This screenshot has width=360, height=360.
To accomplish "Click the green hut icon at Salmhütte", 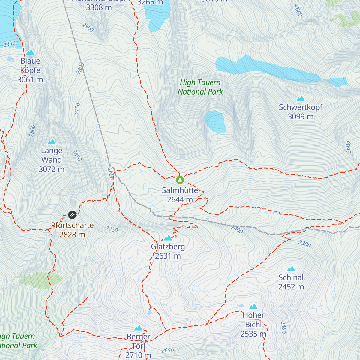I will pyautogui.click(x=180, y=180).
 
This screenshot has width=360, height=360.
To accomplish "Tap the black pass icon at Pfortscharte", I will pyautogui.click(x=72, y=215).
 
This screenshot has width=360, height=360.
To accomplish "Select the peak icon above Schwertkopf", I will pyautogui.click(x=301, y=98).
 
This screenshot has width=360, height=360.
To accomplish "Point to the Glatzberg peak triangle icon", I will pyautogui.click(x=168, y=238).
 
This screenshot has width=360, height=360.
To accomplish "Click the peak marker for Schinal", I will pyautogui.click(x=291, y=269).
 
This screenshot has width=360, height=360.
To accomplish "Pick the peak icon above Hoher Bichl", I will pyautogui.click(x=253, y=307).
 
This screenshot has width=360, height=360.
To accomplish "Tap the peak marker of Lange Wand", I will pyautogui.click(x=52, y=142).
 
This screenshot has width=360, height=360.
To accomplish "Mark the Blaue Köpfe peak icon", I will pyautogui.click(x=30, y=52).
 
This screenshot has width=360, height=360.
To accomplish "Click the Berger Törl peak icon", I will pyautogui.click(x=138, y=328).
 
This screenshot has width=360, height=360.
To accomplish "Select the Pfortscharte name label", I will pyautogui.click(x=72, y=225).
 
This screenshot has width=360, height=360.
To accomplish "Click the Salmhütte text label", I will pyautogui.click(x=180, y=190).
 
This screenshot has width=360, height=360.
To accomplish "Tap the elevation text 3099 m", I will pyautogui.click(x=301, y=116).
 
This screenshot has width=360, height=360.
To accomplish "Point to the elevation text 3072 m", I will pyautogui.click(x=52, y=169).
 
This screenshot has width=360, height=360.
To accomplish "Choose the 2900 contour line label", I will pyautogui.click(x=88, y=28).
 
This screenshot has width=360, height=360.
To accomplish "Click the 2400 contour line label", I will pyautogui.click(x=237, y=229).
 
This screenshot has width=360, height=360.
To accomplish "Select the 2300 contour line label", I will pyautogui.click(x=304, y=244).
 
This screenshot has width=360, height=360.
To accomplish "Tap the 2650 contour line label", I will pyautogui.click(x=167, y=350).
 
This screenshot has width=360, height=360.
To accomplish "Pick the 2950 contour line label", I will pyautogui.click(x=9, y=44).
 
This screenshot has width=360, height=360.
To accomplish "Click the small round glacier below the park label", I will pyautogui.click(x=215, y=121).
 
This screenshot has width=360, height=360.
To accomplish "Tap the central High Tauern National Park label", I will pyautogui.click(x=200, y=87).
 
